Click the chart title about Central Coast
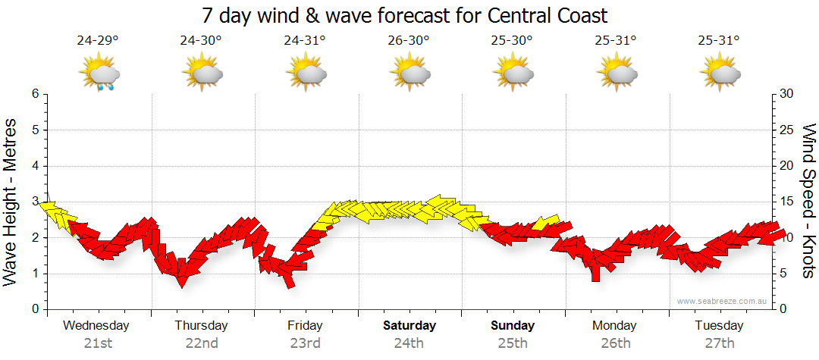point(406,15)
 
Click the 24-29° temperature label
point(97,41)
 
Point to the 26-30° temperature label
point(408,41)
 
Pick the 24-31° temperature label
point(305,41)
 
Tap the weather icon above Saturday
point(409,73)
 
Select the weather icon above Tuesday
point(720,73)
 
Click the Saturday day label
point(409,326)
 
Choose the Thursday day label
point(201,326)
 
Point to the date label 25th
point(513,343)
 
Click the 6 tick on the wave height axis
point(35,94)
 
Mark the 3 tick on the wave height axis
point(35,202)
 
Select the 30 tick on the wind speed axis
point(787,94)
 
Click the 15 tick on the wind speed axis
point(787,202)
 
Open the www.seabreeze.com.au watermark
point(723,301)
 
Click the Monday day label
point(615,326)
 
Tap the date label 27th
point(720,343)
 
